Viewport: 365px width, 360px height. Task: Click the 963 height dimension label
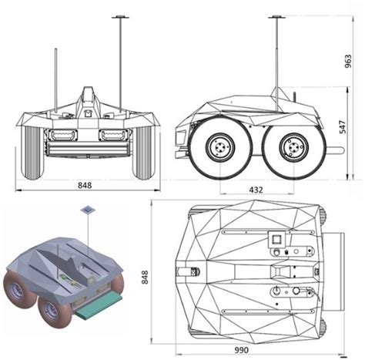pos(348,61)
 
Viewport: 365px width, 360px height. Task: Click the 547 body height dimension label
pos(343,127)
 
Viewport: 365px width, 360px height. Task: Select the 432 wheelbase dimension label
pos(256,190)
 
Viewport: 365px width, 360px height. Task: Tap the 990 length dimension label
pos(242,350)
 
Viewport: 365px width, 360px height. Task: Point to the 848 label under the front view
pos(85,185)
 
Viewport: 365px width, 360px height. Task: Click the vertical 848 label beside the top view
pos(145,277)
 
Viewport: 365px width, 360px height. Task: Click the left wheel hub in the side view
pos(220,147)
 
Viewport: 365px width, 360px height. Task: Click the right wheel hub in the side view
pos(293,147)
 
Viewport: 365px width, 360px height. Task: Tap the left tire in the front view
pos(33,153)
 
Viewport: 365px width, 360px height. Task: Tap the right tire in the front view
pos(142,153)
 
